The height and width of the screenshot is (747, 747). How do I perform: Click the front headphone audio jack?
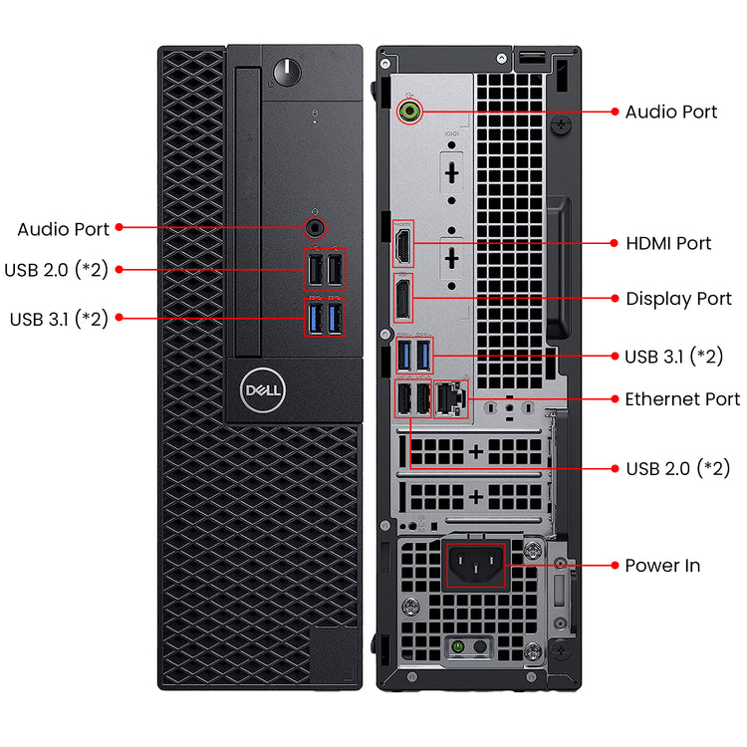click(317, 227)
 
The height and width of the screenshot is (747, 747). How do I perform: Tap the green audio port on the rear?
click(407, 112)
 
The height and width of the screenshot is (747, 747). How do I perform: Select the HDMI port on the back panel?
click(403, 243)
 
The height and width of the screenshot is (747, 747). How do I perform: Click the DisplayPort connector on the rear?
click(403, 298)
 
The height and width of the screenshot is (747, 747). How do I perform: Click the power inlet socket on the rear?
click(475, 565)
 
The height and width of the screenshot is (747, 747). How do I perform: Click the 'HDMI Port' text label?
click(668, 243)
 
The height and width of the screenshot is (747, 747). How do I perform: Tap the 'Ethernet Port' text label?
click(682, 399)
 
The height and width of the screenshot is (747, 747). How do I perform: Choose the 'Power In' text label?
click(662, 566)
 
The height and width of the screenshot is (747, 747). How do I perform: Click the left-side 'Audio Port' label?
click(64, 229)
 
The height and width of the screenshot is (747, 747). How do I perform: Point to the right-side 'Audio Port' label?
click(671, 112)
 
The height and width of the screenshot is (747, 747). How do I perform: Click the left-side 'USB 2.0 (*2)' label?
click(56, 269)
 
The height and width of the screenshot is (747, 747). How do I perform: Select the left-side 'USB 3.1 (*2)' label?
click(59, 319)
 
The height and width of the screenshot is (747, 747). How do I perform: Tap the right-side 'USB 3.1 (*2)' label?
click(673, 356)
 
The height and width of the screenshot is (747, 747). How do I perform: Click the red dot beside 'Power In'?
click(614, 565)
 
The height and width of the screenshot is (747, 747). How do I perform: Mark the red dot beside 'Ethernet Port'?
click(614, 398)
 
